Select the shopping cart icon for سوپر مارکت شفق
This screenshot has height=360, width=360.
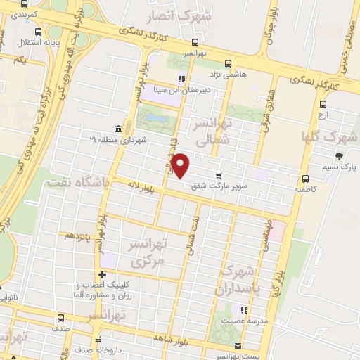tap(218, 175)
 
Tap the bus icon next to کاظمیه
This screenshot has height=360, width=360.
tap(304, 179)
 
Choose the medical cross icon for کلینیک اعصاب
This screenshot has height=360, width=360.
tap(103, 274)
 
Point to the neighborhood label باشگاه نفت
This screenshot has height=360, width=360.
tap(77, 182)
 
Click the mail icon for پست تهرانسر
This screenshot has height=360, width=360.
tap(238, 346)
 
